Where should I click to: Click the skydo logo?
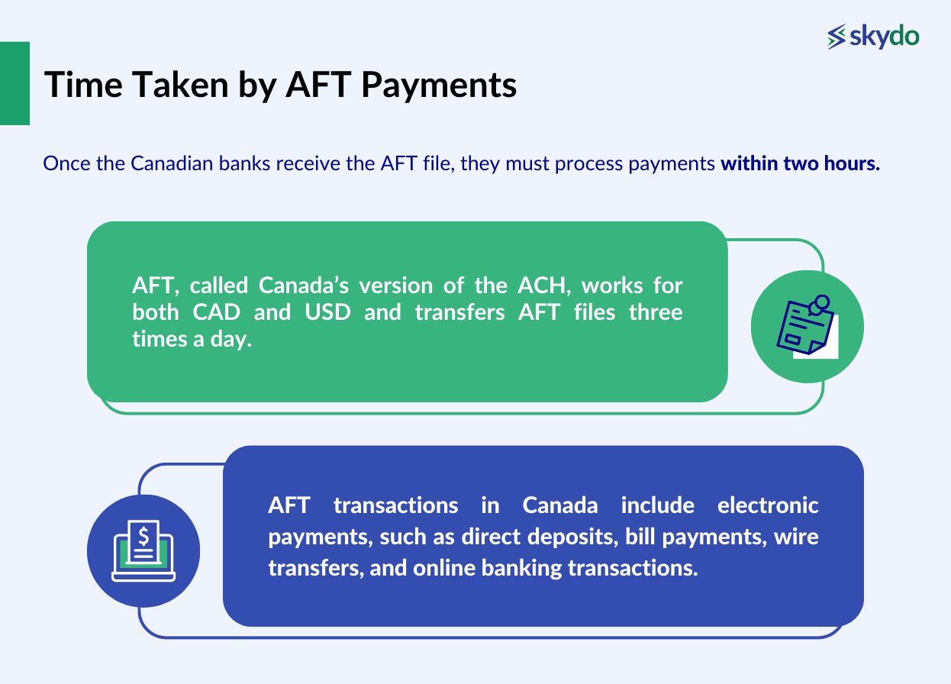click(873, 36)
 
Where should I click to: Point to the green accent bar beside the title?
click(15, 83)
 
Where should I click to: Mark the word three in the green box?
click(656, 312)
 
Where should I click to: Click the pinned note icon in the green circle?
click(807, 326)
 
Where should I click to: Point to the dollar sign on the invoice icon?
click(143, 534)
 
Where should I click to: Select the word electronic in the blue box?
click(768, 505)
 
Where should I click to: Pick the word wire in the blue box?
click(796, 537)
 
